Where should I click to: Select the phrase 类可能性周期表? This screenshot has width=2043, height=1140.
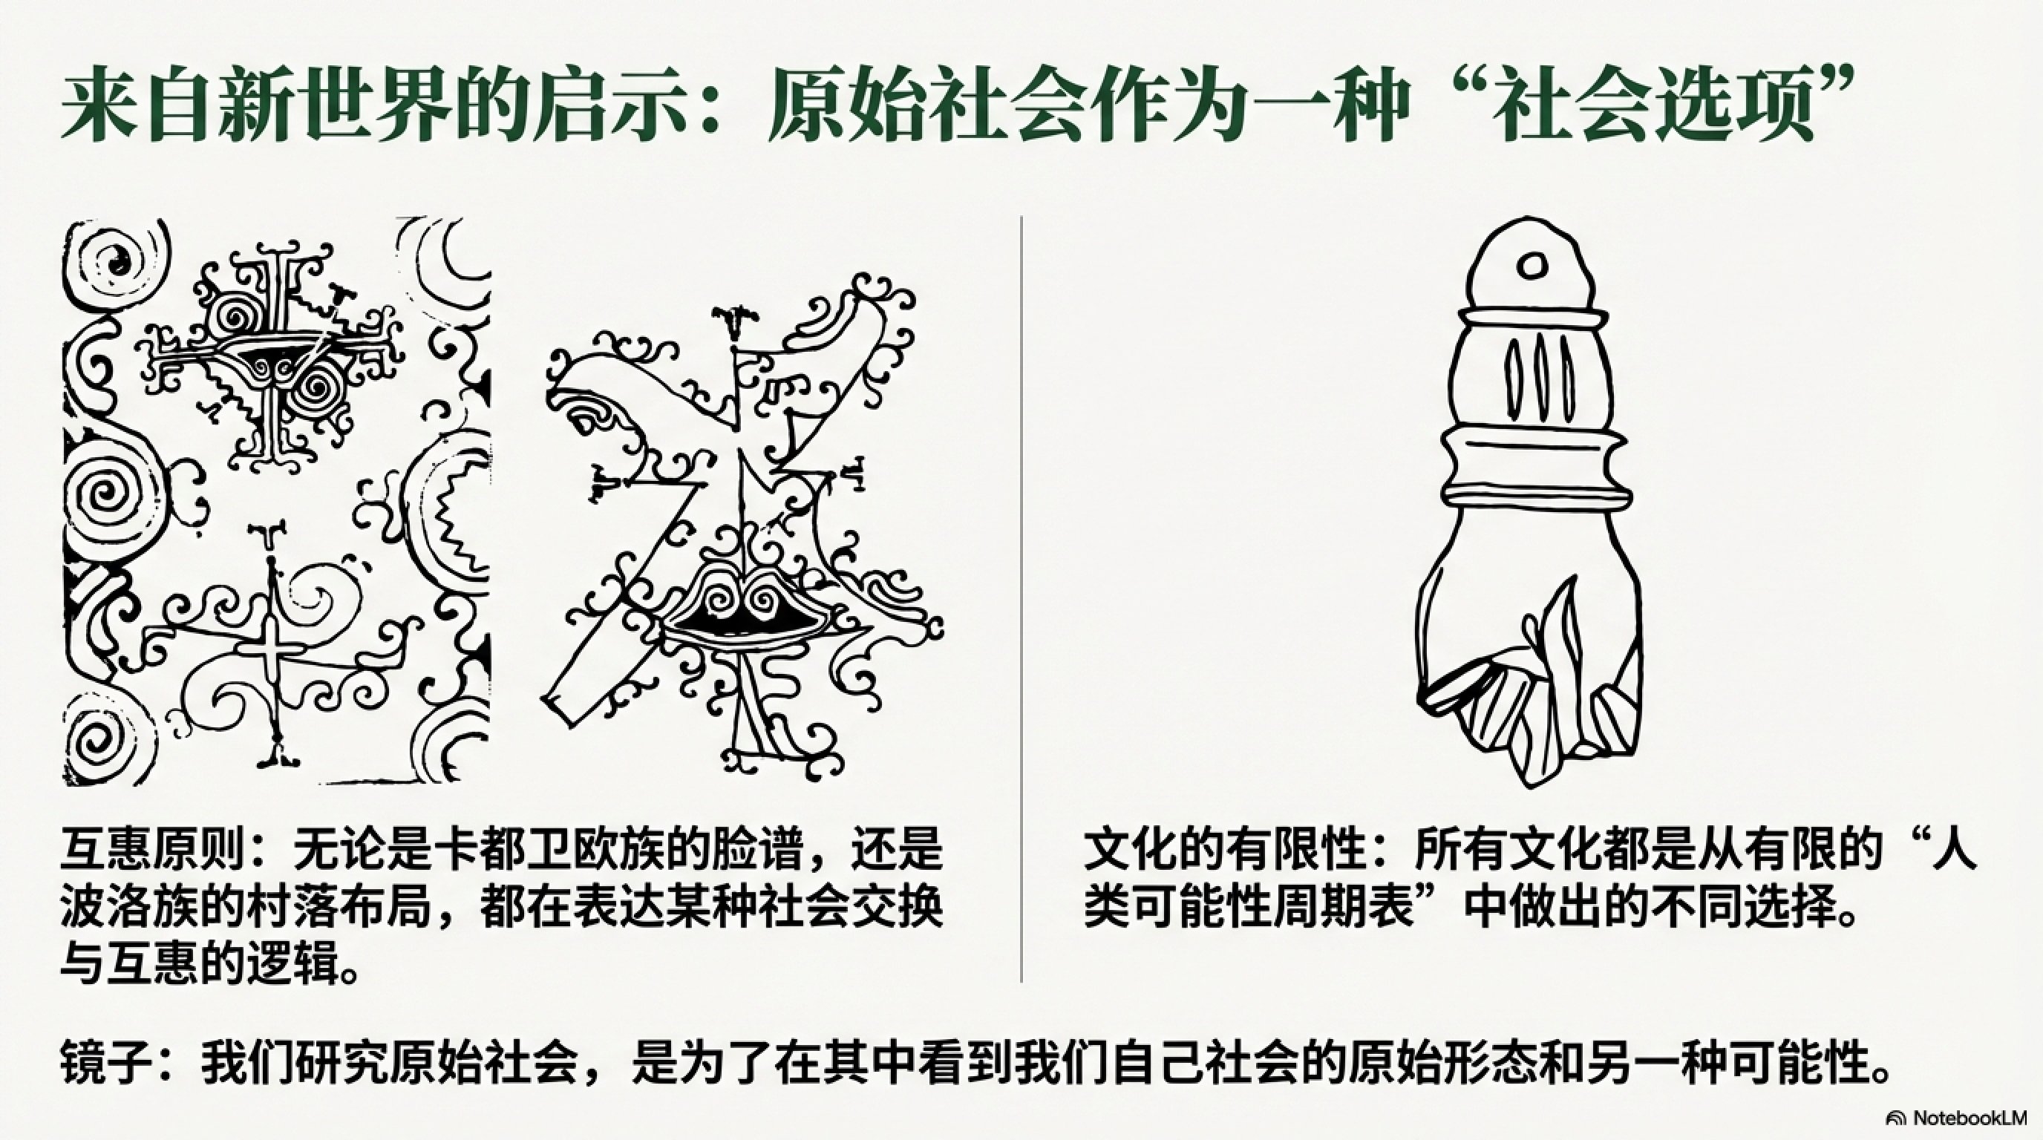1249,908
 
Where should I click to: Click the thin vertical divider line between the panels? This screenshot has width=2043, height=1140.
1021,598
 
